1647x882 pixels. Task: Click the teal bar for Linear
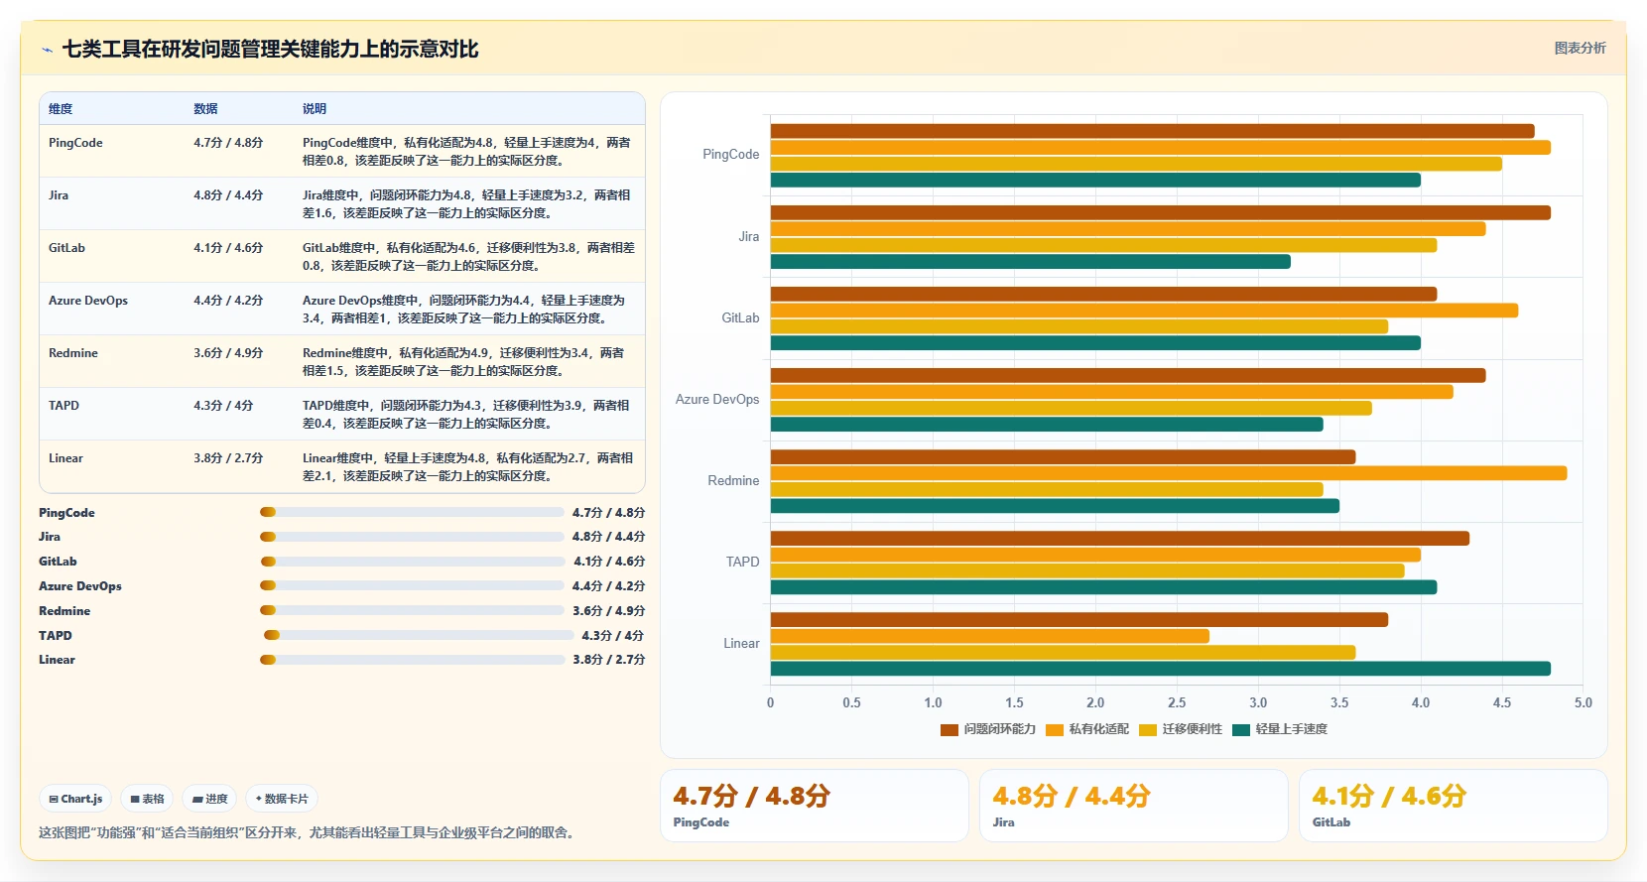1160,669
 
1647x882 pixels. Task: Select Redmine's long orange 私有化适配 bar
1169,473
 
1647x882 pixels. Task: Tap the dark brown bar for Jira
1160,212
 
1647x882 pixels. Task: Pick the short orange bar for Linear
989,636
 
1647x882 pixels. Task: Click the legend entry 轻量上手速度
1280,729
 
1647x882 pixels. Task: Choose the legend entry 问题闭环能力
988,729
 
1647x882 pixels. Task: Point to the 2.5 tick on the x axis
1177,702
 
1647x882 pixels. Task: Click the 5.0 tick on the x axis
1584,702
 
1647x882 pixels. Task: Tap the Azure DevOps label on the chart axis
717,399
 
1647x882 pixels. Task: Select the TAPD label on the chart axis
742,562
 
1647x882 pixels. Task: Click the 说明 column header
314,109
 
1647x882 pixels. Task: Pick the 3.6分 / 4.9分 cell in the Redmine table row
228,353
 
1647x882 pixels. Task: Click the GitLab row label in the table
66,248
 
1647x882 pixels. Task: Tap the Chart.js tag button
75,799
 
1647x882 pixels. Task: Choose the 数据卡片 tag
282,799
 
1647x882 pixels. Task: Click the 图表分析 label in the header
1581,48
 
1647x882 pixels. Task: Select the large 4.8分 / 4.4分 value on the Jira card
1072,796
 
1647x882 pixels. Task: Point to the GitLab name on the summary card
1331,821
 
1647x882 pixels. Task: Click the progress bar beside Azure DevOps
412,585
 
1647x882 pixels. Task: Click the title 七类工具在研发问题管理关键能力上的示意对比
270,50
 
